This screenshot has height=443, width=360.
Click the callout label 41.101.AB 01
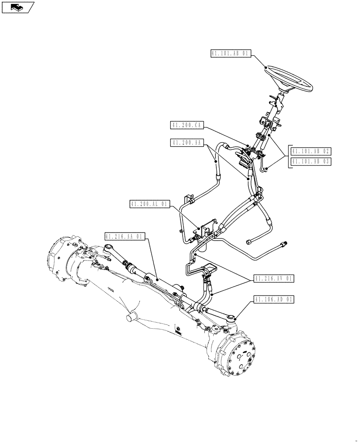tap(231, 54)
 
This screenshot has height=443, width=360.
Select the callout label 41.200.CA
tap(186, 126)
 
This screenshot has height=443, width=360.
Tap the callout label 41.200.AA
tap(186, 143)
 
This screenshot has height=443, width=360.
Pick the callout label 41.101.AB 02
tap(310, 151)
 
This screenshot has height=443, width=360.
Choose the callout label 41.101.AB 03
tap(310, 162)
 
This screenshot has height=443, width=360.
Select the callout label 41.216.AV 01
tap(274, 278)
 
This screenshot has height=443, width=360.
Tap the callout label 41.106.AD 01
tap(274, 299)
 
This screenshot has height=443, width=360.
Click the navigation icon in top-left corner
tap(18, 7)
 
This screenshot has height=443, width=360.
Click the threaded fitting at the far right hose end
tap(283, 243)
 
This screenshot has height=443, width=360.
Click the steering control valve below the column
tap(244, 159)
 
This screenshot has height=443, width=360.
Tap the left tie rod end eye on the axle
tap(108, 248)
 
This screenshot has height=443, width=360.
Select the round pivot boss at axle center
tap(132, 316)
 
